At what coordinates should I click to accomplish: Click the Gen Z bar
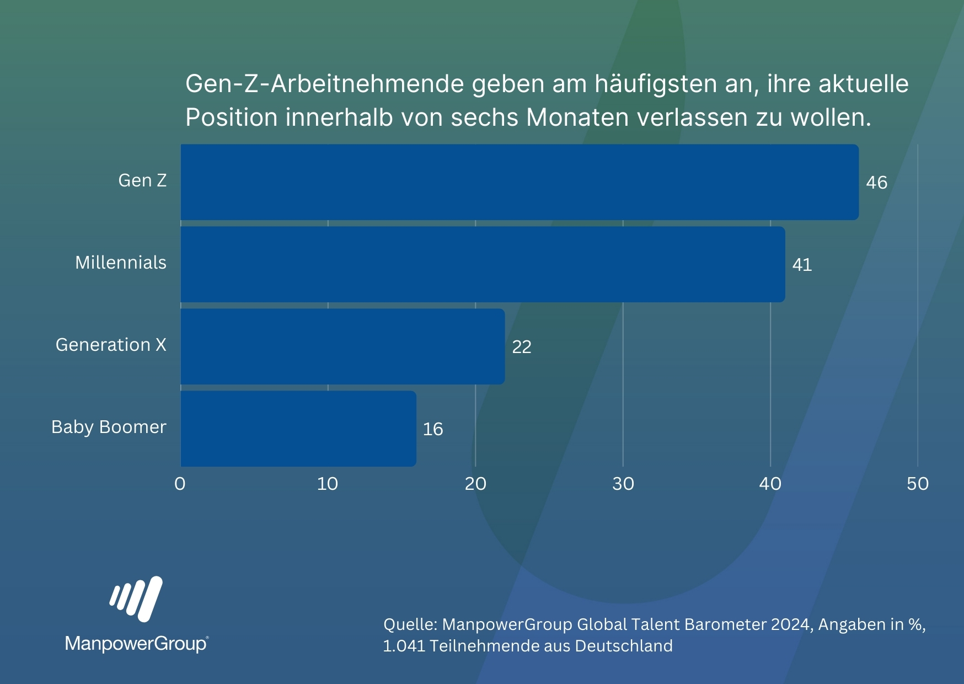point(520,182)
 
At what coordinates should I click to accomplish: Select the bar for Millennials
point(483,264)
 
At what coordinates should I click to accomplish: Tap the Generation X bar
point(342,346)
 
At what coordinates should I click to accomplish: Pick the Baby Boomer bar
point(298,429)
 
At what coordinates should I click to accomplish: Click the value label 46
point(876,183)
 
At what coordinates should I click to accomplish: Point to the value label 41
point(802,265)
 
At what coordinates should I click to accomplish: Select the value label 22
point(522,347)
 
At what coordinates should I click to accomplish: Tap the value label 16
point(433,429)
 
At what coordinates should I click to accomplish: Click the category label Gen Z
point(142,180)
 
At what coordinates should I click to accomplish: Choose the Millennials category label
point(121,263)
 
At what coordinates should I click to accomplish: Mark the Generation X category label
point(111,345)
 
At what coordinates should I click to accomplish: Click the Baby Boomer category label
point(109,427)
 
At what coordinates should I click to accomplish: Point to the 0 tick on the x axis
point(180,484)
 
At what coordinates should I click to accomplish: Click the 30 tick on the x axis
point(623,484)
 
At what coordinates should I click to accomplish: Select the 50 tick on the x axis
point(918,484)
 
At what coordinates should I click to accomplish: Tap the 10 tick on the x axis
point(328,484)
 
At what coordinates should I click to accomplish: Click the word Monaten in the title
point(577,117)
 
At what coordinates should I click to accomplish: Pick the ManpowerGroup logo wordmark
point(136,644)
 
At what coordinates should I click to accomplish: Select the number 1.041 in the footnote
point(404,646)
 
